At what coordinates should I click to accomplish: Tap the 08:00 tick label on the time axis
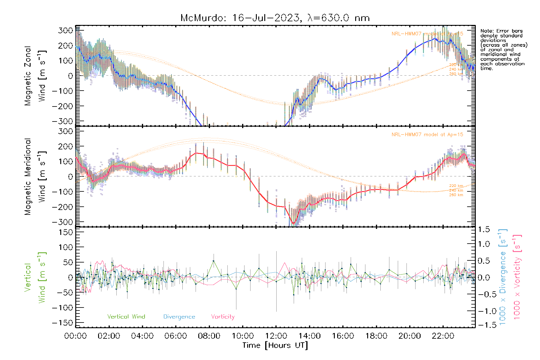[209, 336]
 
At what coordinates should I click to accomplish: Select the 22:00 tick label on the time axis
[443, 336]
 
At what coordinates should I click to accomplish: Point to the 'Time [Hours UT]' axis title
[275, 345]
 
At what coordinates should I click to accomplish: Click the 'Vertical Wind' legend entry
[126, 317]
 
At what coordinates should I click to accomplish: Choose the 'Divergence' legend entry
[179, 317]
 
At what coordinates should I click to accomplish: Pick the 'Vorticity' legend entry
[223, 317]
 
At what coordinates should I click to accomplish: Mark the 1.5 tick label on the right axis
[484, 229]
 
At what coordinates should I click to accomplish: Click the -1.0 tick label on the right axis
[484, 311]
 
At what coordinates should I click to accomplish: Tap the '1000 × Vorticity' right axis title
[517, 277]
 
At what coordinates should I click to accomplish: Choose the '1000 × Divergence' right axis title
[502, 277]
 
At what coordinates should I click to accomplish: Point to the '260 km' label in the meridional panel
[456, 195]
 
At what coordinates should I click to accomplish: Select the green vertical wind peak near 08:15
[214, 261]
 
